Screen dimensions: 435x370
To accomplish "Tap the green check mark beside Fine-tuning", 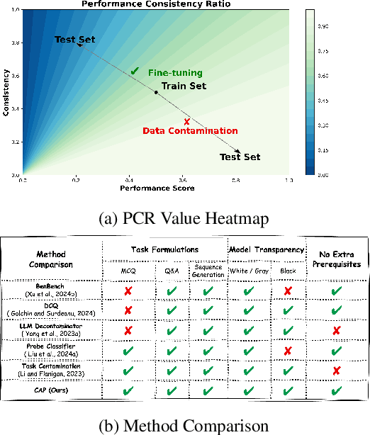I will [135, 71].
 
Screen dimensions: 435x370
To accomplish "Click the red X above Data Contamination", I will [186, 121].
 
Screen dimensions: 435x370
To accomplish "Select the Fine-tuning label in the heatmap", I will [175, 73].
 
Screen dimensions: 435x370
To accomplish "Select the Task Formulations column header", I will [164, 249].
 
